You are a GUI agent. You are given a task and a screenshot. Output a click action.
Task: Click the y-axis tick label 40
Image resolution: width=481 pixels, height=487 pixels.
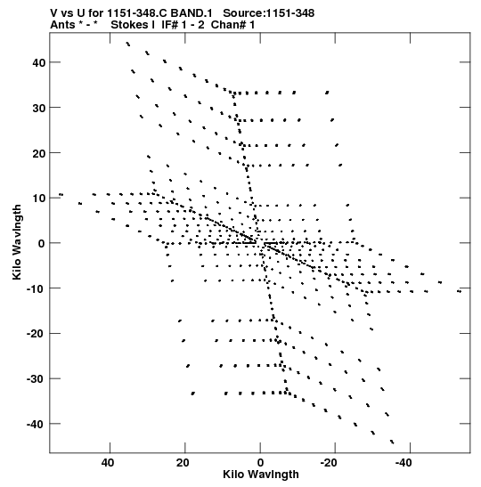(38, 62)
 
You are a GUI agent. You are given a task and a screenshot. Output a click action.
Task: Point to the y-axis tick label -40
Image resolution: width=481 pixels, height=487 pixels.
(36, 424)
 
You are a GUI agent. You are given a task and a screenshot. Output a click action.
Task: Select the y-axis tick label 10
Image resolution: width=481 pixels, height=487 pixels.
(38, 199)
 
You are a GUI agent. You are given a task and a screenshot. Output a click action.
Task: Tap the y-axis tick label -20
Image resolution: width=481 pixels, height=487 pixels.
(36, 334)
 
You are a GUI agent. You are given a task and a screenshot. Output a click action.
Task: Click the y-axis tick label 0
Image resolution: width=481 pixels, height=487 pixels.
(42, 244)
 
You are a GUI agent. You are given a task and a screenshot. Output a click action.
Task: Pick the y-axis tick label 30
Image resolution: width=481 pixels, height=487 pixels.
(38, 108)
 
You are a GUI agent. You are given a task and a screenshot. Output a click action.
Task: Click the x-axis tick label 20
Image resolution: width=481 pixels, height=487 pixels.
(183, 463)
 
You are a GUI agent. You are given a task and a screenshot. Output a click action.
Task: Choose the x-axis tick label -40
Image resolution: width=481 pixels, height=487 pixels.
(404, 463)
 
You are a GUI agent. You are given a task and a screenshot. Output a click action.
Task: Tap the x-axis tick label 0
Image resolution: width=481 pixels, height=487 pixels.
(260, 463)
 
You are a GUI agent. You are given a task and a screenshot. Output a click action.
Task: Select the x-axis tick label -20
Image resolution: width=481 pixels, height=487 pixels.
(328, 463)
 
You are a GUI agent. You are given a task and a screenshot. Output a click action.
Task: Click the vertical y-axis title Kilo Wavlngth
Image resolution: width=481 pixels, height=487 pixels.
(17, 242)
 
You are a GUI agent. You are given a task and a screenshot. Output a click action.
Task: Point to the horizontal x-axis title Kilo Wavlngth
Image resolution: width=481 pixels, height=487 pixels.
(261, 475)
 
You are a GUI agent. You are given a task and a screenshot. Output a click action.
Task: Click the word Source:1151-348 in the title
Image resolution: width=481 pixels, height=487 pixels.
(269, 13)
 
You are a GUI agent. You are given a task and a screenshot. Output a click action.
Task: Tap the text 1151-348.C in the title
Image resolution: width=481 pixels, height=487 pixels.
(137, 13)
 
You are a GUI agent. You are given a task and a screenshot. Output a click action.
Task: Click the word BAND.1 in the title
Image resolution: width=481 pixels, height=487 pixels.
(192, 13)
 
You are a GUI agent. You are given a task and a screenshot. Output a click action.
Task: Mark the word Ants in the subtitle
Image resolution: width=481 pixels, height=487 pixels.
(62, 25)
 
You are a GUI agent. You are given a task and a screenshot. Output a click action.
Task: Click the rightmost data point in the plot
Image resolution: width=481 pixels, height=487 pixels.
(460, 291)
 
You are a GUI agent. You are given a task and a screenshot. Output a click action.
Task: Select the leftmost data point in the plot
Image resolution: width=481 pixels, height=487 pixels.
(61, 195)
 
